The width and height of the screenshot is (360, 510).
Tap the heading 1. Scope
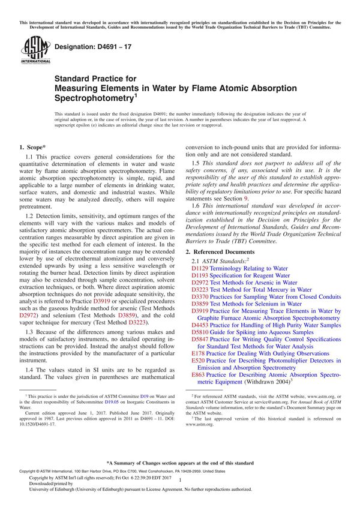coord(32,146)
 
